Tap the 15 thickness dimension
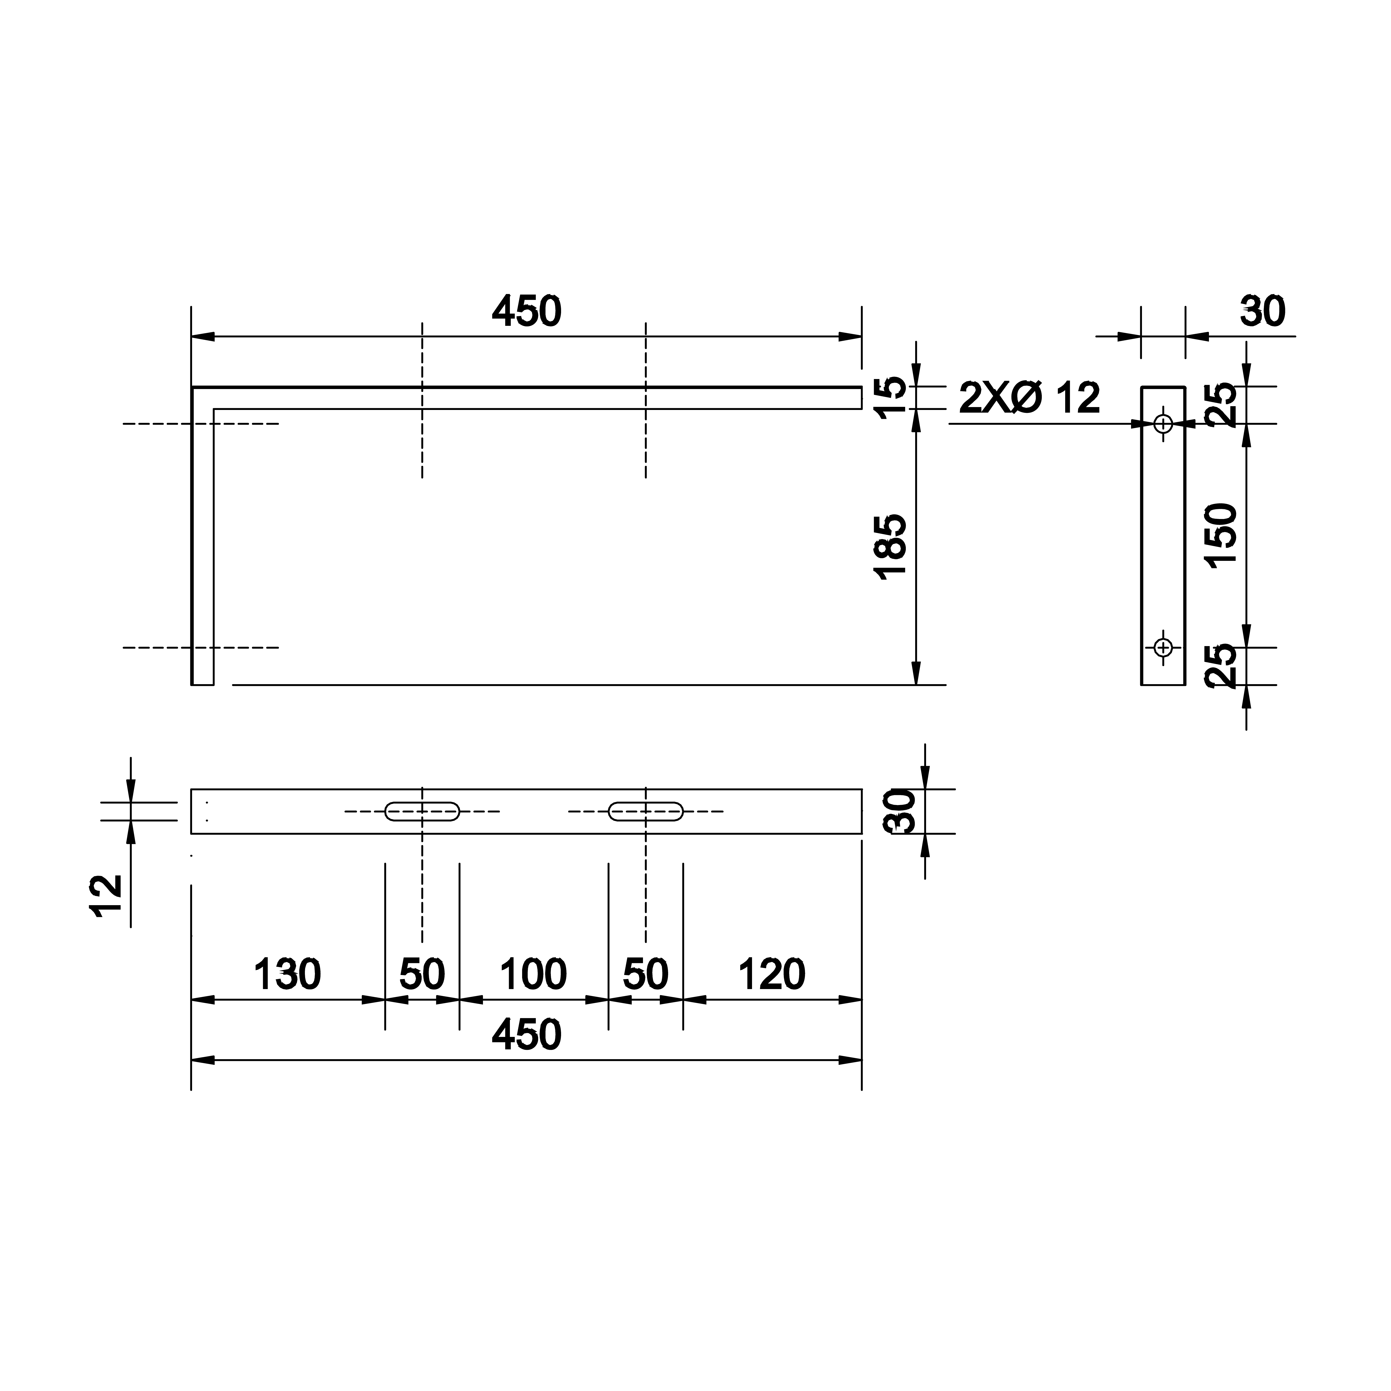pos(890,397)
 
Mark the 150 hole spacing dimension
pos(1222,536)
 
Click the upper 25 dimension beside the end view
pos(1222,405)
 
